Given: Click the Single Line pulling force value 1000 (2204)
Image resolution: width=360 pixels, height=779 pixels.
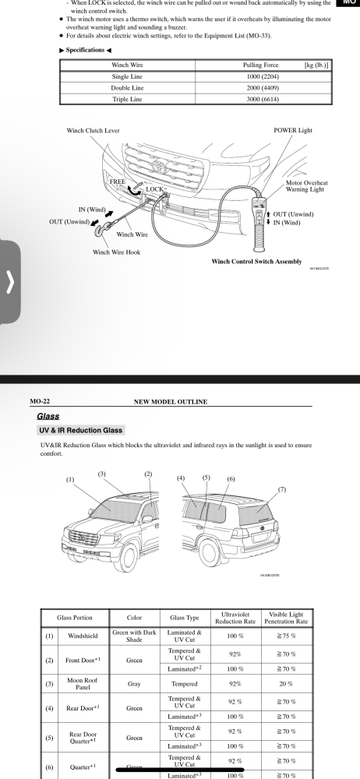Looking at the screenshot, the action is click(263, 76).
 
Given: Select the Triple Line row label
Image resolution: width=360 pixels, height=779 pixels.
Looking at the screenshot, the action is click(127, 99).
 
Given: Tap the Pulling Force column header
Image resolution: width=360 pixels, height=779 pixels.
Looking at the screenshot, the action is click(260, 65).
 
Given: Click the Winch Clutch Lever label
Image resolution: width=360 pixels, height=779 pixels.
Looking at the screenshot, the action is click(93, 130).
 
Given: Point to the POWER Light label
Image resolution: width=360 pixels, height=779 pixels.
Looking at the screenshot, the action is click(293, 130).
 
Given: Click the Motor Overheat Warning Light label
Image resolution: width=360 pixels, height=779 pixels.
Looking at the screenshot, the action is click(306, 186).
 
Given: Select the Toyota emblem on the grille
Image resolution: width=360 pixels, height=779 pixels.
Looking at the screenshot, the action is click(159, 164).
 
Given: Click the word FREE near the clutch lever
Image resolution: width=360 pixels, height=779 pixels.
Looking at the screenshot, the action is click(118, 182).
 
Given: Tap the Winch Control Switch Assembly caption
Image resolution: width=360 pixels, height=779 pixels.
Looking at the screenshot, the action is click(256, 261).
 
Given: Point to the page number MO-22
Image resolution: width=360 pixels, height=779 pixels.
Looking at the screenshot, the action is click(40, 401).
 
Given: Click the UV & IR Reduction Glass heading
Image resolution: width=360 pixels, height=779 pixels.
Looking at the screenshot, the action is click(80, 430).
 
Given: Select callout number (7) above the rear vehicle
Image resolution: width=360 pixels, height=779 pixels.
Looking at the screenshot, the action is click(282, 489).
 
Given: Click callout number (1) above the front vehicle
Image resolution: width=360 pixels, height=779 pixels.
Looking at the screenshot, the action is click(70, 479).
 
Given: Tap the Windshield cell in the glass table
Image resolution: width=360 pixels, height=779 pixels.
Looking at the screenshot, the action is click(83, 636).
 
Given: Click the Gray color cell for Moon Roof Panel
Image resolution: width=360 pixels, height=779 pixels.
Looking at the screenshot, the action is click(134, 684).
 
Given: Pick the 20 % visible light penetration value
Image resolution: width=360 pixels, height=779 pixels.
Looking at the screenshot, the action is click(286, 684).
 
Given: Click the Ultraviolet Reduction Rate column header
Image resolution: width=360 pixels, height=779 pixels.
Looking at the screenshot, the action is click(235, 618).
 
